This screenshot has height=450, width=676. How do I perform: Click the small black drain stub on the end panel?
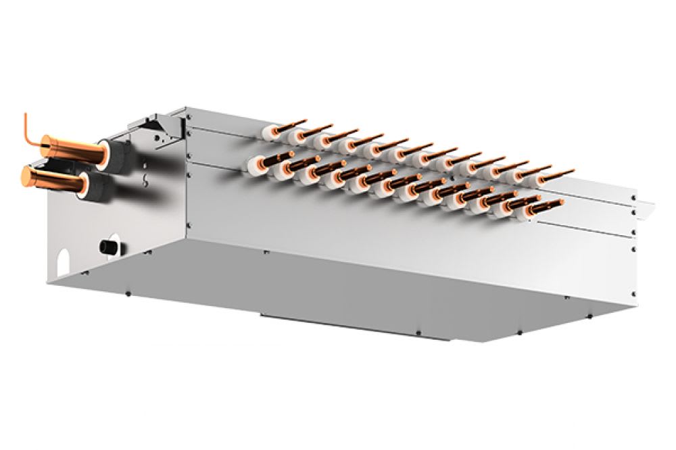coord(107,245)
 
